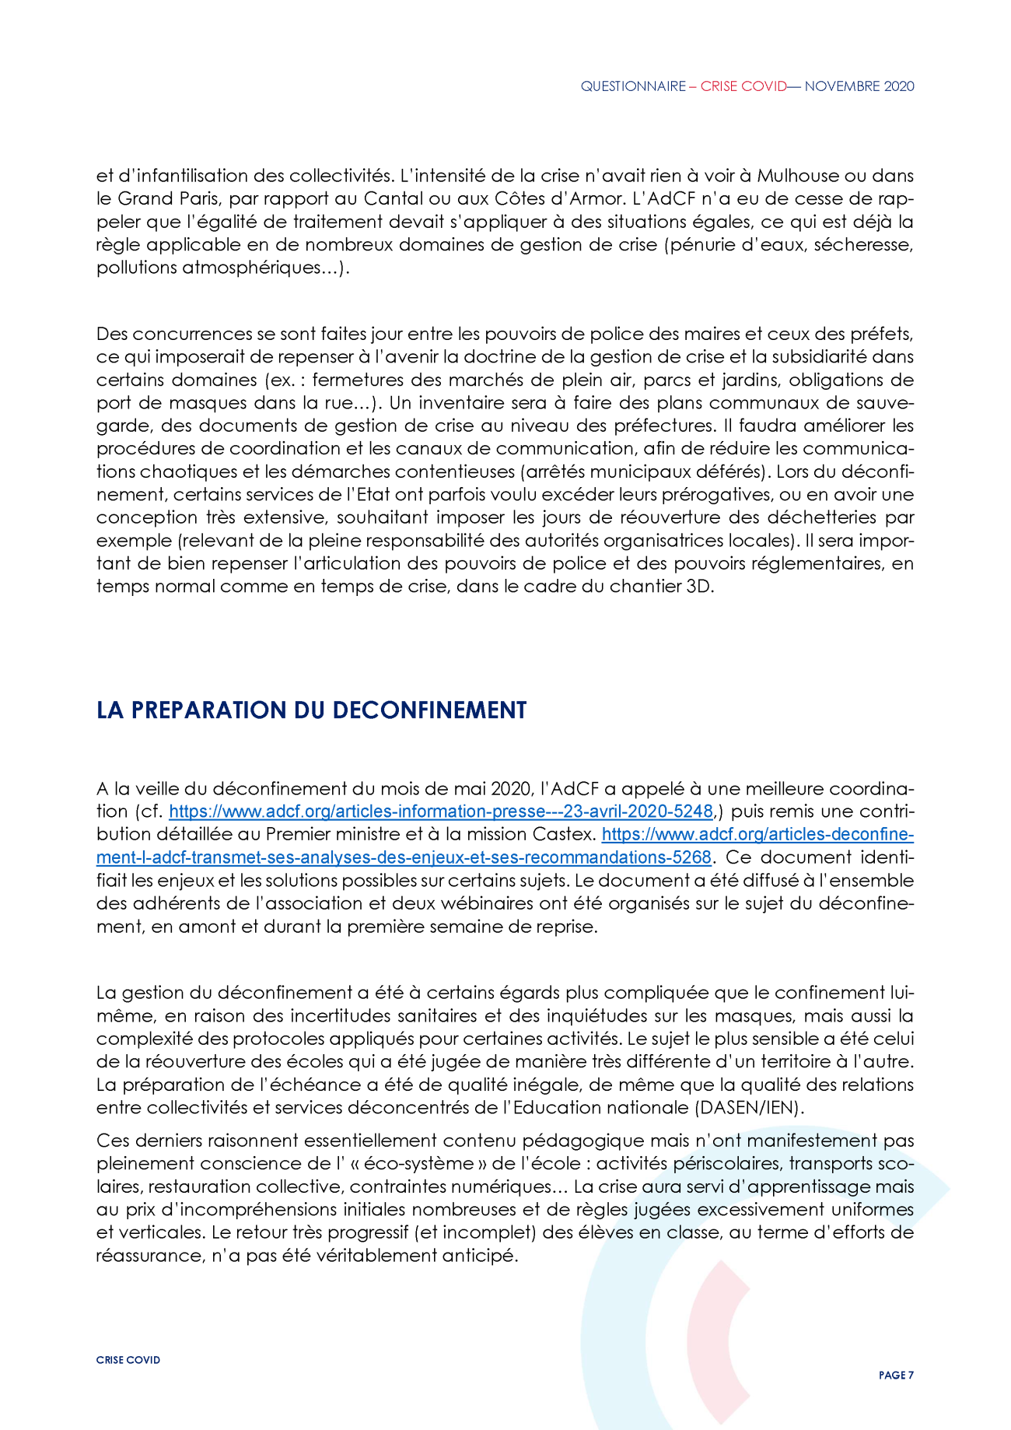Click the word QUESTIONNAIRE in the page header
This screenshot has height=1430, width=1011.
[x=633, y=86]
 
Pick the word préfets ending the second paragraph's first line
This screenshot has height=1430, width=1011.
[x=884, y=335]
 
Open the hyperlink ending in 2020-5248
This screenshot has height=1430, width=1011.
[x=441, y=811]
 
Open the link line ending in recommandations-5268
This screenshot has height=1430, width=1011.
[x=404, y=857]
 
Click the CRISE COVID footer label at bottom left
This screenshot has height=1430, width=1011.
[x=128, y=1360]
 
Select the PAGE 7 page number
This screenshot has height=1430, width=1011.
[x=896, y=1376]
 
